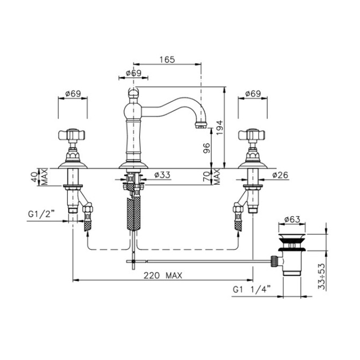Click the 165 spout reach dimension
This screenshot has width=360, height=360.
(167, 60)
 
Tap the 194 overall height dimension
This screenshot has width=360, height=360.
(220, 128)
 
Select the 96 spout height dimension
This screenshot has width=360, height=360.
(207, 148)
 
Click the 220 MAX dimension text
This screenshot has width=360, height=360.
(163, 275)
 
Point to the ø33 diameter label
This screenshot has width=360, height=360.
(163, 175)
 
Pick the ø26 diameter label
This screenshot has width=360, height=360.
(280, 175)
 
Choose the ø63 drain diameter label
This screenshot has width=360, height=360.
(292, 220)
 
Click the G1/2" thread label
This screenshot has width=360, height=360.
(41, 214)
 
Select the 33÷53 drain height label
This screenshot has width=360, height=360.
(322, 277)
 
